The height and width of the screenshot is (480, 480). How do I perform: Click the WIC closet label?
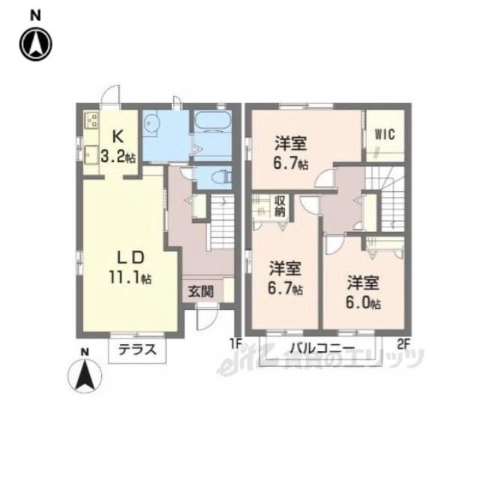tap(385, 134)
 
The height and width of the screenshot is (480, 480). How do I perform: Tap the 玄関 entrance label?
tap(201, 292)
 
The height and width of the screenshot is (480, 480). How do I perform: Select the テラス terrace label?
tap(137, 349)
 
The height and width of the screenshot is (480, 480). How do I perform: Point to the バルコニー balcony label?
tap(322, 348)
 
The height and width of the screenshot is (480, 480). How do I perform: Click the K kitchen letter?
tap(118, 136)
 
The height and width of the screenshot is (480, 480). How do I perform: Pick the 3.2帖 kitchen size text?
tap(118, 157)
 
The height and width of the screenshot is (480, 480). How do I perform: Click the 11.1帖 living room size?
tap(130, 277)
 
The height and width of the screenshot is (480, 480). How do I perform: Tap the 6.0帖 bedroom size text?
tap(363, 302)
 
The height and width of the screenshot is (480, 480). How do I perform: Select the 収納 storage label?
tap(280, 207)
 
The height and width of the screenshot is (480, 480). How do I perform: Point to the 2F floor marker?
tap(403, 345)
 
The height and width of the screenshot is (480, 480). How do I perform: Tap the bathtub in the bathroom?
tap(212, 121)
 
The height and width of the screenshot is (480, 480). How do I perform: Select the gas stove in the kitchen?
tap(91, 120)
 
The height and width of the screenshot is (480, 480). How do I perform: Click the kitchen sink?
tap(90, 155)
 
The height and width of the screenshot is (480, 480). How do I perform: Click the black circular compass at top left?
tap(36, 44)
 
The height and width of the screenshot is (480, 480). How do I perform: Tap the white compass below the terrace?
tap(85, 376)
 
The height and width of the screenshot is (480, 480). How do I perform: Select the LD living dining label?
tap(130, 257)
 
